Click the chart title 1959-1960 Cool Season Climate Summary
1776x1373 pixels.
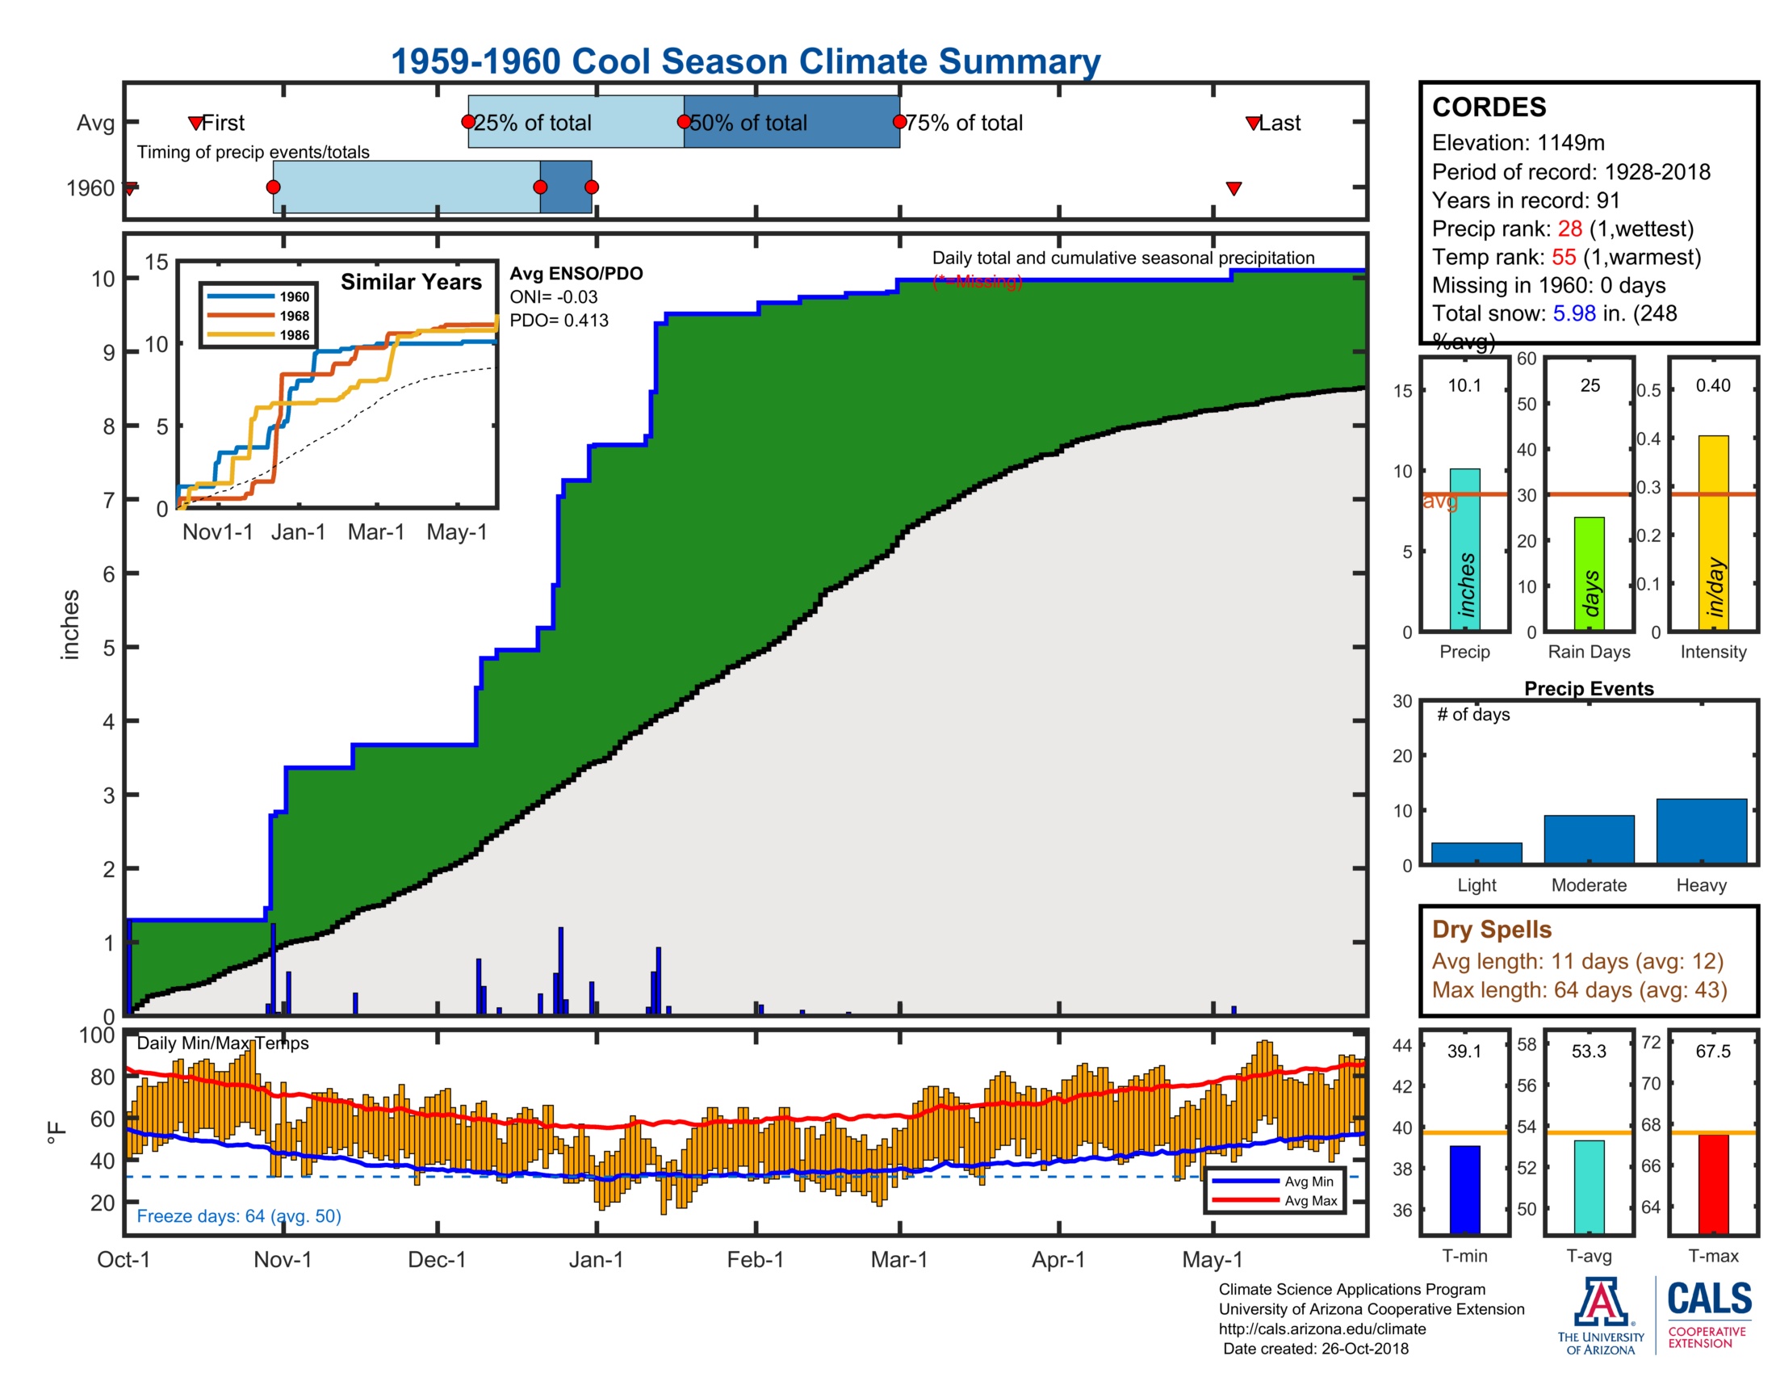pyautogui.click(x=745, y=62)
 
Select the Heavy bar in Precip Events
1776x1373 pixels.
pyautogui.click(x=1701, y=830)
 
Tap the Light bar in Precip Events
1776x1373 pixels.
pyautogui.click(x=1476, y=852)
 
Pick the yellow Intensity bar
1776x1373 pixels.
pyautogui.click(x=1712, y=533)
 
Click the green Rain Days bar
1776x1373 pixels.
pyautogui.click(x=1589, y=573)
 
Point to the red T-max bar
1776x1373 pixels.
pyautogui.click(x=1712, y=1182)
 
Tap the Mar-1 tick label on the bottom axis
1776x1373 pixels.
pyautogui.click(x=898, y=1260)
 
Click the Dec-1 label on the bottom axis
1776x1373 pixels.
pyautogui.click(x=437, y=1260)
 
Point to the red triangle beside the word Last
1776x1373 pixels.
pyautogui.click(x=1253, y=124)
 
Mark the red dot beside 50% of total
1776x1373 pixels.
pyautogui.click(x=684, y=122)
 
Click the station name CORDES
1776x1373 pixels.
pyautogui.click(x=1488, y=107)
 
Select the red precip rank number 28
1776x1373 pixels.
pyautogui.click(x=1569, y=229)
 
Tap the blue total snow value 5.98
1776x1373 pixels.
pyautogui.click(x=1573, y=313)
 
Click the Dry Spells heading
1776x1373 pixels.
pyautogui.click(x=1491, y=929)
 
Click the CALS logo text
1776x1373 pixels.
pyautogui.click(x=1708, y=1299)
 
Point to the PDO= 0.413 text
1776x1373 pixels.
pyautogui.click(x=559, y=321)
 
